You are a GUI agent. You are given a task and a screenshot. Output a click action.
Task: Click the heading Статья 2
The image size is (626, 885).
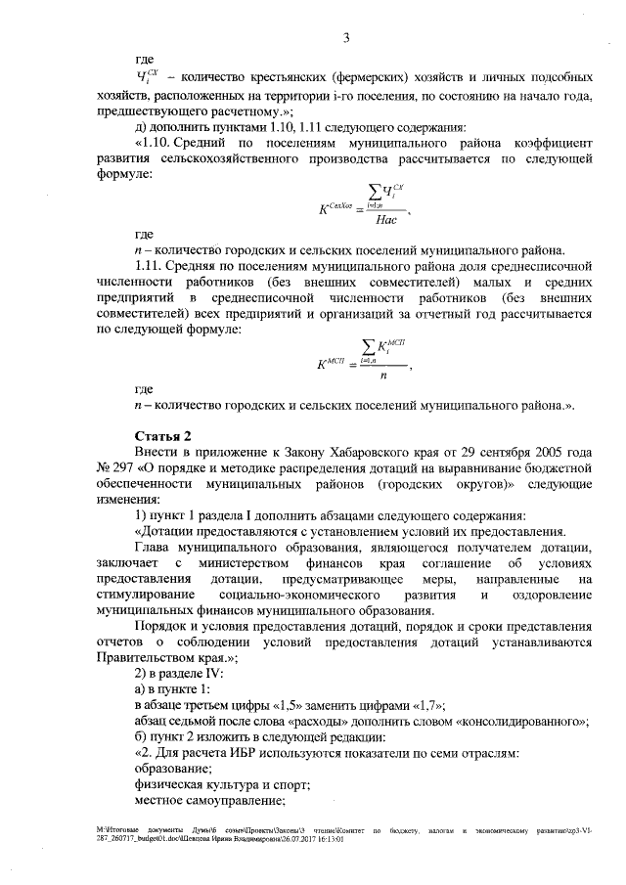coord(162,436)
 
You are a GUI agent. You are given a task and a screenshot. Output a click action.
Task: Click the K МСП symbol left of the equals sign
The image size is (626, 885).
coord(333,365)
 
